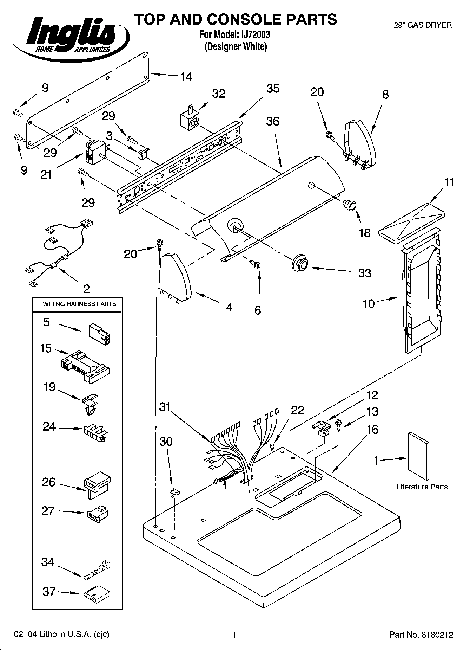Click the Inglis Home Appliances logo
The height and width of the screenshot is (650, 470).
[x=70, y=34]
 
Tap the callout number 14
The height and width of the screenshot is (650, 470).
[x=186, y=77]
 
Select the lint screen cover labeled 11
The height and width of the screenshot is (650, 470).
[x=412, y=223]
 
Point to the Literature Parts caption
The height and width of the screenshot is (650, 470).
[x=422, y=487]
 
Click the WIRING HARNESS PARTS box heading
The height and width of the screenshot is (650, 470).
[x=79, y=304]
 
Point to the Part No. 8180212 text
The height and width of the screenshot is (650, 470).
[x=421, y=635]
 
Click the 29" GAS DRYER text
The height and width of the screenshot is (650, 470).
[x=423, y=25]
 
